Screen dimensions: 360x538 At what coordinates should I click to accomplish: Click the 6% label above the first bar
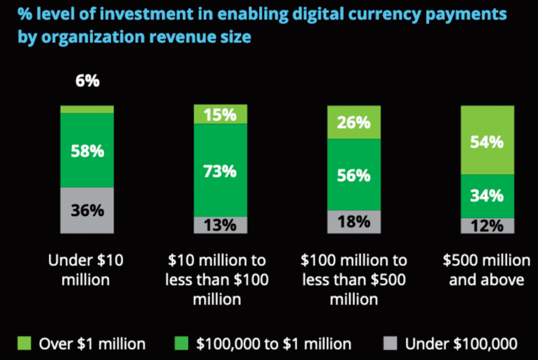point(87,81)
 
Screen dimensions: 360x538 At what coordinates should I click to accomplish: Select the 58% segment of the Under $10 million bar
point(87,150)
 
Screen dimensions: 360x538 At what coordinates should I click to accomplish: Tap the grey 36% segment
point(87,211)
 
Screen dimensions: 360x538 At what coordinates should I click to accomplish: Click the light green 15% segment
point(221,115)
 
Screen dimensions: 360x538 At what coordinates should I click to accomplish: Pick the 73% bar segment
point(221,171)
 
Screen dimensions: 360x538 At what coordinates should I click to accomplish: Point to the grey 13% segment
point(221,225)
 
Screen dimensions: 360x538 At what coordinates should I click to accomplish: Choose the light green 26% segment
point(354,122)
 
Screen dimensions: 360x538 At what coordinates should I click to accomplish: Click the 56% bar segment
point(354,175)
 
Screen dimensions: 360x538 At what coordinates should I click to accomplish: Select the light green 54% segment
point(488,141)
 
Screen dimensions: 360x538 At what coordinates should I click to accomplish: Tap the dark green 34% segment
point(488,196)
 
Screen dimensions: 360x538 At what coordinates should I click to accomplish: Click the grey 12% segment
point(488,226)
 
